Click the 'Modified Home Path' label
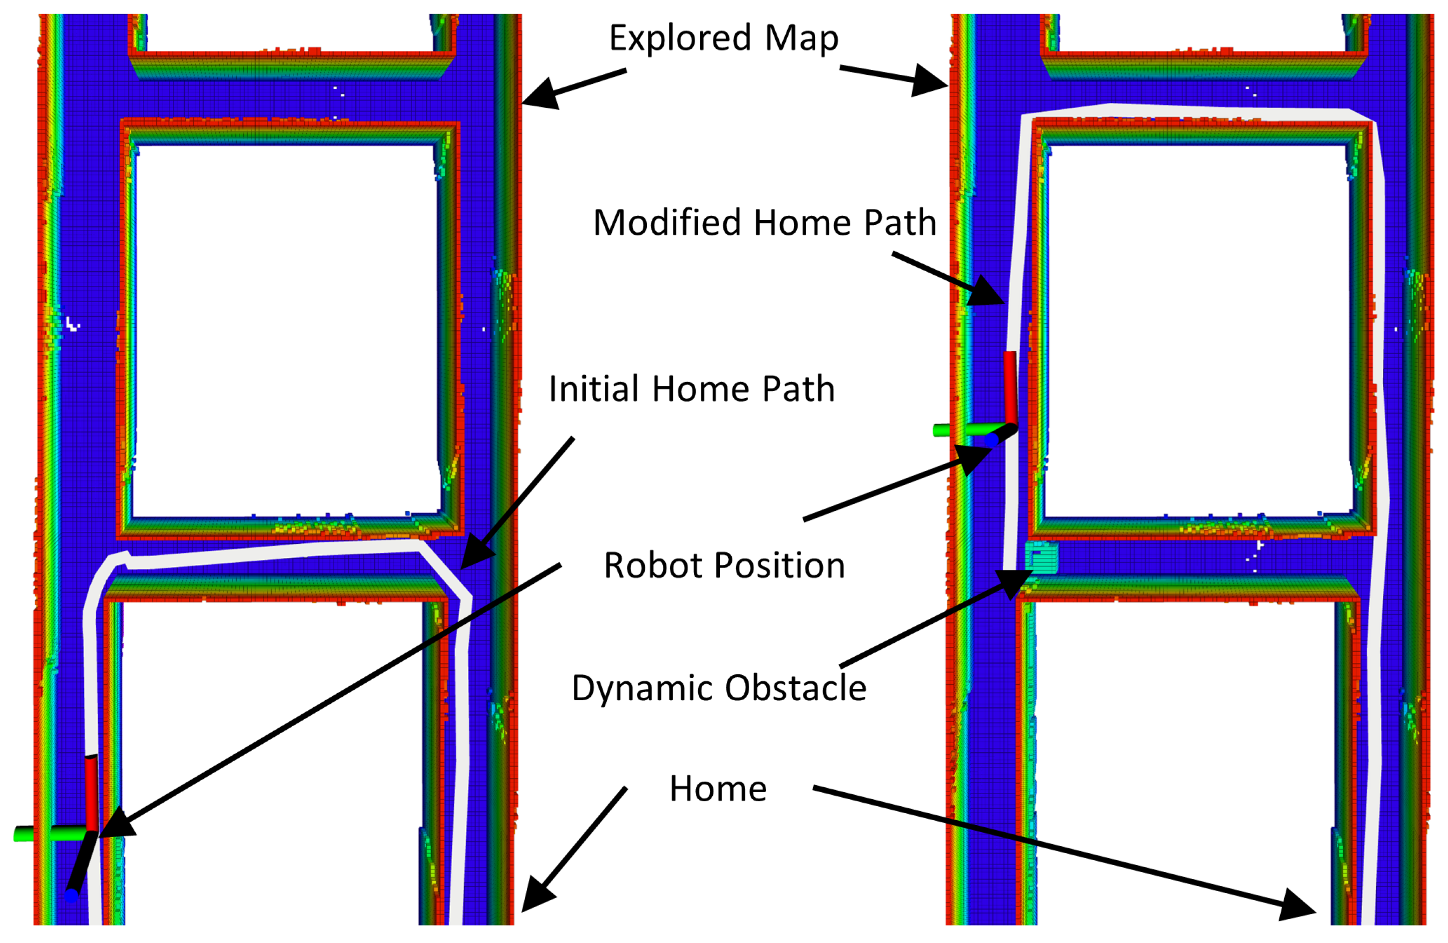(x=764, y=223)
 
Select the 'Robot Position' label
(x=724, y=565)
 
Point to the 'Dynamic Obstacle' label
(x=719, y=688)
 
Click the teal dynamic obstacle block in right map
(x=1041, y=557)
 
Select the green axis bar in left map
(x=48, y=833)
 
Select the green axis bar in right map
(x=965, y=430)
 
